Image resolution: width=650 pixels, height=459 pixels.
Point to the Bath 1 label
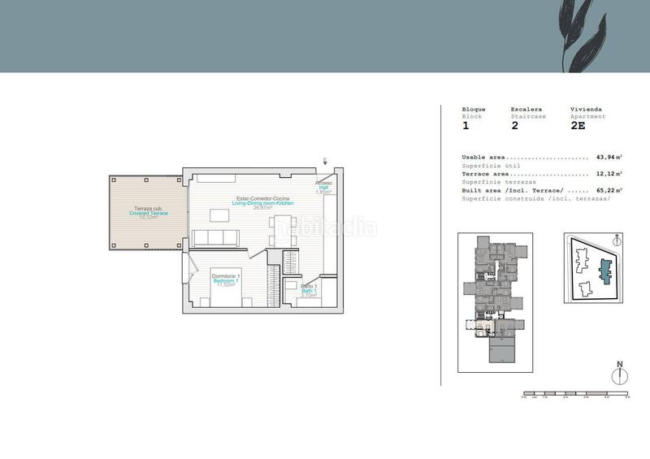tap(309, 290)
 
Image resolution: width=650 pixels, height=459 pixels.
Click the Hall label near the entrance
tap(323, 188)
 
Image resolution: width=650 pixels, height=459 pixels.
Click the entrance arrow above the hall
tap(324, 161)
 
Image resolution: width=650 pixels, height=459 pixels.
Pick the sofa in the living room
tap(215, 237)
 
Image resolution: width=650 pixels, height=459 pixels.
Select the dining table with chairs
tap(220, 215)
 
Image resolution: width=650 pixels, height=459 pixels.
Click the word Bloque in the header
tap(474, 109)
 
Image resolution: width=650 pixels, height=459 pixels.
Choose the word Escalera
tap(526, 109)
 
